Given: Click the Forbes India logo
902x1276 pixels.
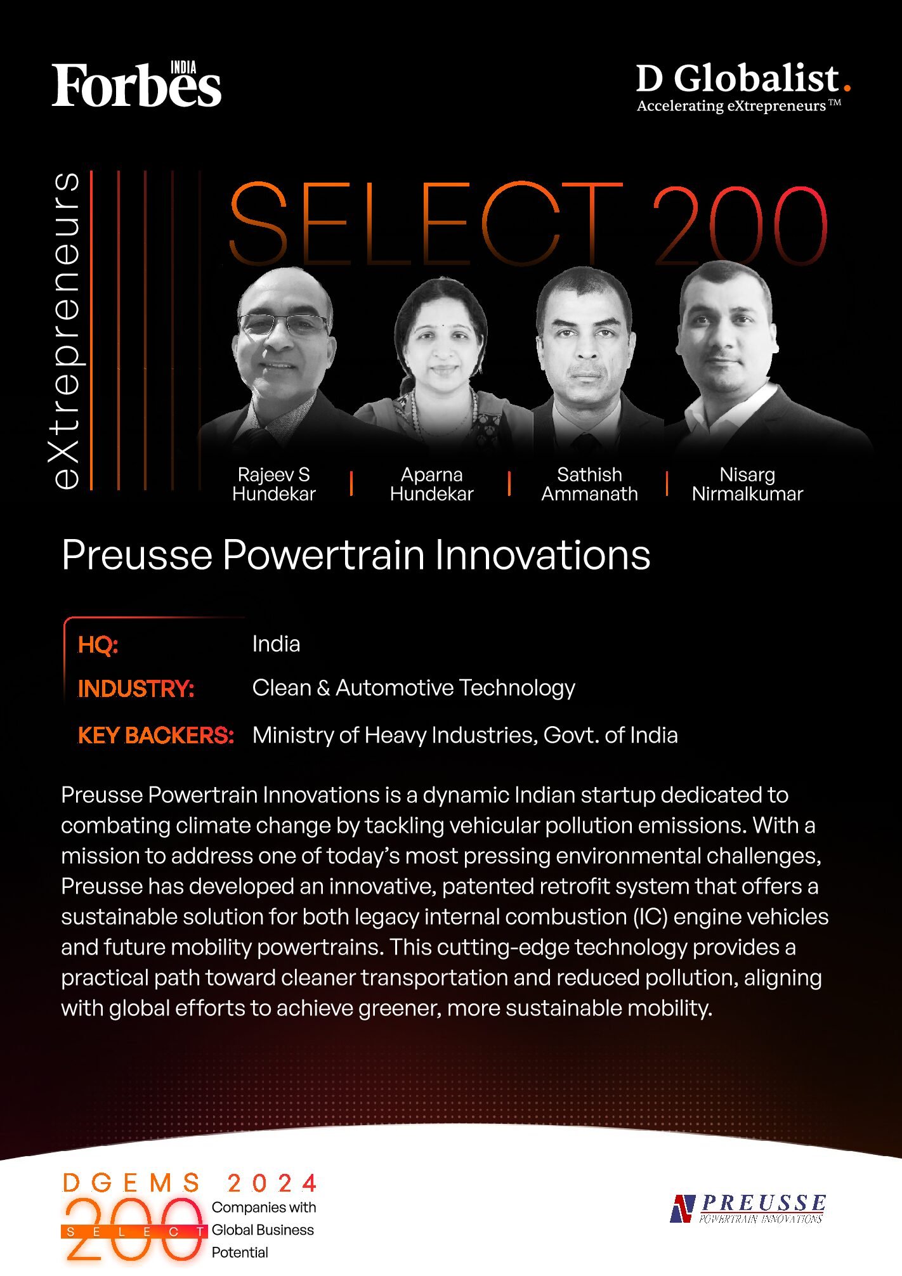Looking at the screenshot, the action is point(136,84).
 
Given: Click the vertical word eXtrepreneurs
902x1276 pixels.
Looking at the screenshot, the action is point(66,330).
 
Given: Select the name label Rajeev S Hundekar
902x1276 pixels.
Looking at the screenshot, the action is point(273,484).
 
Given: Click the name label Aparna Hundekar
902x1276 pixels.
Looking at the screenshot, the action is point(431,484).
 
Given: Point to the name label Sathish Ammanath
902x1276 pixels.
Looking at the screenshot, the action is point(589,484).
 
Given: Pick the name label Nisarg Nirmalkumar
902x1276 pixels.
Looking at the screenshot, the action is point(747,484).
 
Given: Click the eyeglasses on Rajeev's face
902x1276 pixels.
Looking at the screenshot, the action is point(284,325).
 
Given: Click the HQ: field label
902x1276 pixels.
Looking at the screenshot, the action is point(98,644).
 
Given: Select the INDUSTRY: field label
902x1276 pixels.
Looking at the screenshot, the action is point(136,688).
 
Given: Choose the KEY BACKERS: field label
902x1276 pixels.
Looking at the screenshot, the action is point(155,735).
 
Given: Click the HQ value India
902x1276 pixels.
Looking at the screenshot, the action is point(276,644).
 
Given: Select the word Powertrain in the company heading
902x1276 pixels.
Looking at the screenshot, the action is point(324,555).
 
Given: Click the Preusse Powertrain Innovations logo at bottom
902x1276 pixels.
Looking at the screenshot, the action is point(748,1209).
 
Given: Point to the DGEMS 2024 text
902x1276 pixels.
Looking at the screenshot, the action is point(190,1183).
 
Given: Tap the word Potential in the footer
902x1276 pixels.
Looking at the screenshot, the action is point(240,1253).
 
